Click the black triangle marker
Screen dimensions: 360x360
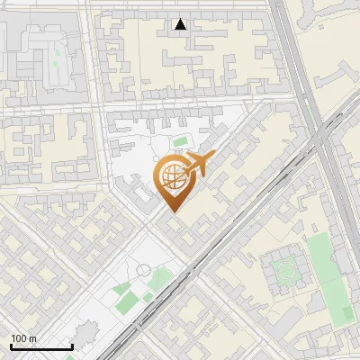[x=181, y=24]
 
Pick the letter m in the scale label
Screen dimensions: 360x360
[x=34, y=338]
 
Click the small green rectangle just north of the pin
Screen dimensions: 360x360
[x=180, y=141]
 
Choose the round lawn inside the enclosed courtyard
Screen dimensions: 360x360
[x=286, y=269]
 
